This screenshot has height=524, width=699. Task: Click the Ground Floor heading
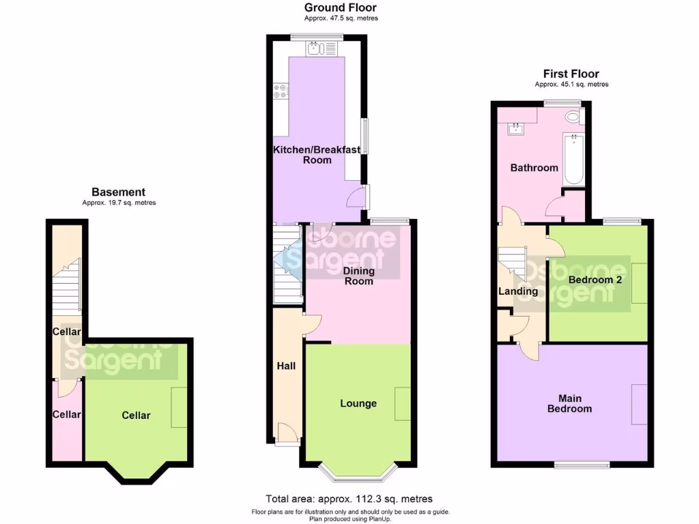point(340,8)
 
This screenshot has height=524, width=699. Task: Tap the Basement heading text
point(119,192)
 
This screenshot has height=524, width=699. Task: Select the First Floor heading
point(571,74)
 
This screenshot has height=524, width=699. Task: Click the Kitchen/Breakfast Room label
point(317,155)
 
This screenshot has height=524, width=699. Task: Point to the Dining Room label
point(358,276)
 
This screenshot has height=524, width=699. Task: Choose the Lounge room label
point(358,403)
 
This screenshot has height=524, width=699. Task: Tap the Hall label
point(286,366)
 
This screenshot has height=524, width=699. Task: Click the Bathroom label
point(534,167)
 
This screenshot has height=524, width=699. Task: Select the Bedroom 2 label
point(594,280)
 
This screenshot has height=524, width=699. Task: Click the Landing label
point(518,291)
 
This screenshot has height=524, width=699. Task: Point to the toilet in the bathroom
point(573,117)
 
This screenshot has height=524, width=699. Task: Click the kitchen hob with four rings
point(280,91)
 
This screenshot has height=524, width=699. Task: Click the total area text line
point(349,499)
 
